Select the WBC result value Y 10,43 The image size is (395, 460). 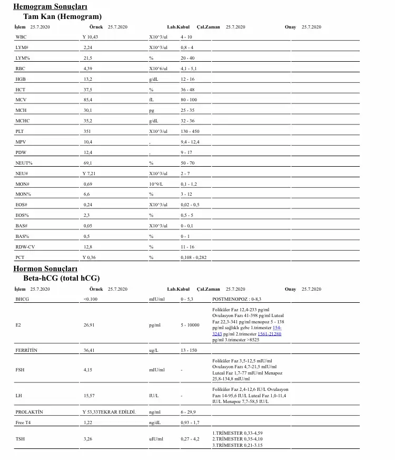(x=91, y=37)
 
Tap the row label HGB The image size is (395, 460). (x=21, y=79)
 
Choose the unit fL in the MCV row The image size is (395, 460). (x=152, y=100)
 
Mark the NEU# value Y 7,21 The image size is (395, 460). (x=90, y=174)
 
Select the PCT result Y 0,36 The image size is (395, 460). (x=89, y=257)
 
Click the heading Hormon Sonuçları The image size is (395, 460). (x=45, y=269)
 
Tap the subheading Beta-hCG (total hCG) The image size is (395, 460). (x=62, y=278)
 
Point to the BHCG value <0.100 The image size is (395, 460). (x=91, y=299)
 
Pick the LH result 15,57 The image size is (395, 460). (x=88, y=395)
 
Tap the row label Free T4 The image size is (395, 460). (x=23, y=423)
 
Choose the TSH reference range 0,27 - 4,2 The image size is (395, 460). (x=190, y=439)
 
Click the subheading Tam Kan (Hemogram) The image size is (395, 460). (x=63, y=16)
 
